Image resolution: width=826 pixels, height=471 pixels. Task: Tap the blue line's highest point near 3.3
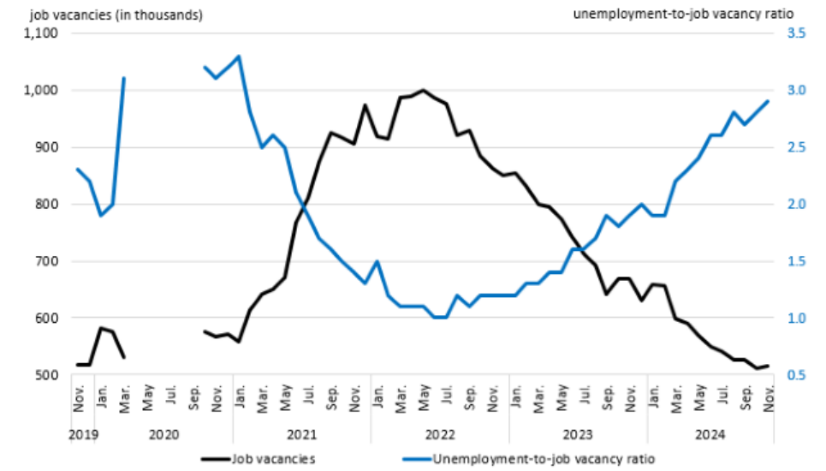(239, 57)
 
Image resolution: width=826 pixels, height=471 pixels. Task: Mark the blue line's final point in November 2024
(768, 101)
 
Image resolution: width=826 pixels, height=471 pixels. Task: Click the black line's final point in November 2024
(768, 366)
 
